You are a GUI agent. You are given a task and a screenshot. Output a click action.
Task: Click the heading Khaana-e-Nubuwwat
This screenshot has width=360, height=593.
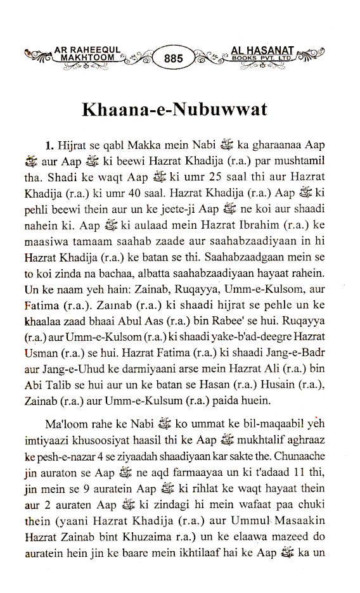click(x=174, y=108)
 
